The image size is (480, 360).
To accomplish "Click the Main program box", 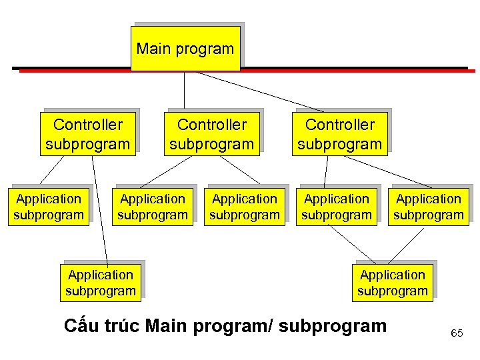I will click(x=185, y=49).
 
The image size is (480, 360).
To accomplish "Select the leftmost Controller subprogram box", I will click(x=87, y=134).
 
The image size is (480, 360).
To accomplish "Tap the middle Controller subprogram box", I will click(x=211, y=134).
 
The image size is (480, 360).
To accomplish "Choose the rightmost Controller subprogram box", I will click(x=339, y=134).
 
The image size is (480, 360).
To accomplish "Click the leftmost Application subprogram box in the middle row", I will click(x=49, y=207).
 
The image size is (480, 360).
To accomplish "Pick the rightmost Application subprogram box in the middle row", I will click(x=428, y=207).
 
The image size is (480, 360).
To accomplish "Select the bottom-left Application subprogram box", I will click(x=101, y=283).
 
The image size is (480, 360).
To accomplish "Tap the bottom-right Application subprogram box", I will click(x=392, y=283).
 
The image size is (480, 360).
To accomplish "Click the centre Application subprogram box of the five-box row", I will click(x=245, y=207).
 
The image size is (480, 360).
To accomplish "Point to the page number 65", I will click(x=457, y=333).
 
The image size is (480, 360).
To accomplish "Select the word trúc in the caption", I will click(x=123, y=326).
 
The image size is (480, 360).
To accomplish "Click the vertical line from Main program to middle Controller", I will click(x=185, y=90).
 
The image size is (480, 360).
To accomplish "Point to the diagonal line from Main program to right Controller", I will click(x=260, y=91).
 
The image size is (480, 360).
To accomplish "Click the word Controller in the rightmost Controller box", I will click(x=340, y=125).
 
